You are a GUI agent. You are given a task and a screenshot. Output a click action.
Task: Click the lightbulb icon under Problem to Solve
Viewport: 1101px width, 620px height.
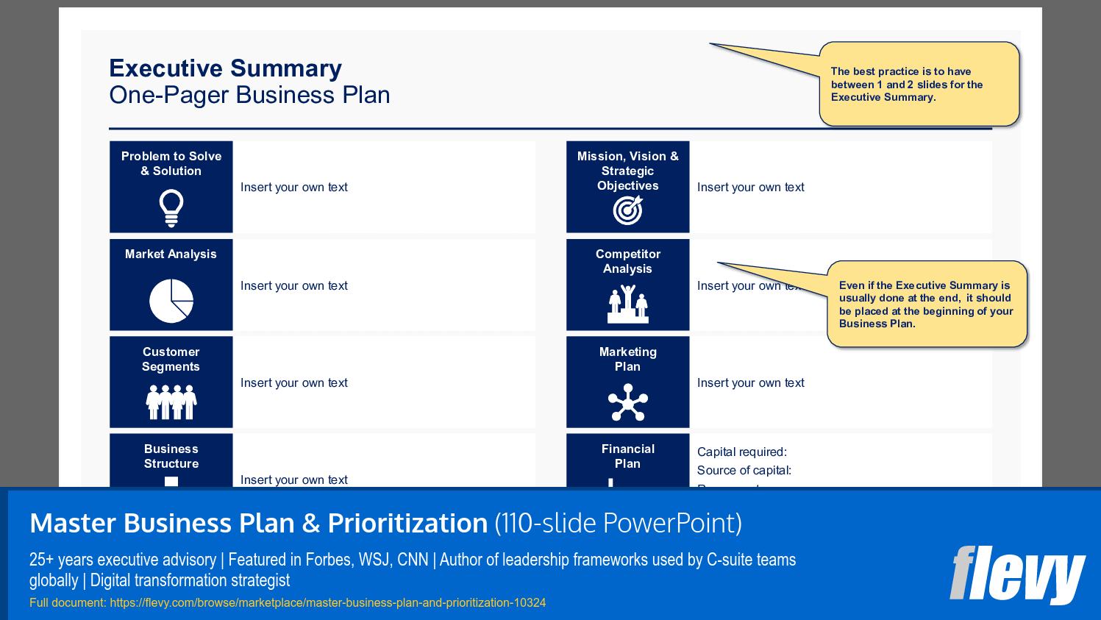click(171, 207)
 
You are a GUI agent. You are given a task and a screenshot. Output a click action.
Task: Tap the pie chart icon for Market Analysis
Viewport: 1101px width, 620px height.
click(171, 301)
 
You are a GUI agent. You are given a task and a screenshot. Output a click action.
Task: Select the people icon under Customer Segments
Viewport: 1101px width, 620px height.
click(171, 402)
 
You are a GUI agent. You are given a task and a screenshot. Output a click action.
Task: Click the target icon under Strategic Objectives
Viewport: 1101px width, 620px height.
click(627, 210)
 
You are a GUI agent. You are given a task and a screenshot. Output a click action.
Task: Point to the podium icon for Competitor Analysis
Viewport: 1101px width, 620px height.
click(627, 304)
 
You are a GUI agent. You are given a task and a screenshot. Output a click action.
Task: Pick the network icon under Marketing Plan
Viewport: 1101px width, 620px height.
click(627, 403)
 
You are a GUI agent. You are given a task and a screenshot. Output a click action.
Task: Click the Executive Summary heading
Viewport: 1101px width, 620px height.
click(225, 68)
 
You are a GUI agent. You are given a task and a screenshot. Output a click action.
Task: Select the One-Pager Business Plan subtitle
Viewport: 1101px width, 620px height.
click(249, 95)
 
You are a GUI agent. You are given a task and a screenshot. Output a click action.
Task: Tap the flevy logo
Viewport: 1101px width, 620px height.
click(1016, 574)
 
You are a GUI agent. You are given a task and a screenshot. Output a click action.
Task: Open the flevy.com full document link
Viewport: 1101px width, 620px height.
click(328, 602)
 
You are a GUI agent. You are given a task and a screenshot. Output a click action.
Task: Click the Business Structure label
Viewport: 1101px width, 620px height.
click(171, 456)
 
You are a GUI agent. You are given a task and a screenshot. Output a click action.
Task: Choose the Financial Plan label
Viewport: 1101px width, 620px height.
click(627, 456)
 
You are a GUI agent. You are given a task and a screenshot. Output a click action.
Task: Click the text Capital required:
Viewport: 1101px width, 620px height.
click(741, 452)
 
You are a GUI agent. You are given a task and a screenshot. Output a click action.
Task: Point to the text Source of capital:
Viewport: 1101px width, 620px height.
click(744, 470)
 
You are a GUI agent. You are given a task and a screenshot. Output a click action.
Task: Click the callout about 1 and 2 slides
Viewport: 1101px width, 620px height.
click(919, 84)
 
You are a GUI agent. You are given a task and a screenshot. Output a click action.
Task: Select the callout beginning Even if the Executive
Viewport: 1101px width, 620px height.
click(926, 304)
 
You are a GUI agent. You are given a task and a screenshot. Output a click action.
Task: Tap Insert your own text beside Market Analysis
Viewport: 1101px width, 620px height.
click(293, 285)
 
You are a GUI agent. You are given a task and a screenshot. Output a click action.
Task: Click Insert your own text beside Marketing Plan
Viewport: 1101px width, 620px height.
click(750, 382)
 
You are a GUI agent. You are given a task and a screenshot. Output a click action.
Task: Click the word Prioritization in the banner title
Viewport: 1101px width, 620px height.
click(407, 523)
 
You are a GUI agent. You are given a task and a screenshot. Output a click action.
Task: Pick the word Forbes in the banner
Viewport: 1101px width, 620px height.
click(327, 560)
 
